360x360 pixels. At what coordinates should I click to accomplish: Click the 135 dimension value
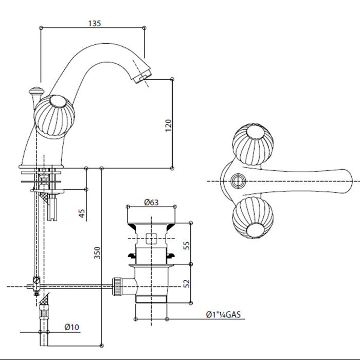point(95,23)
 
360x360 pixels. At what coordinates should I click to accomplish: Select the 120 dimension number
point(168,124)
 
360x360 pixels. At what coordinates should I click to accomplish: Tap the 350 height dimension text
point(98,253)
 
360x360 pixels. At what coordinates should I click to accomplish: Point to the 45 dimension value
point(82,212)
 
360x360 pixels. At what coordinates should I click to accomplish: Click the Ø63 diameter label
point(151,202)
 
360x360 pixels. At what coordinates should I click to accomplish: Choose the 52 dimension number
point(187,283)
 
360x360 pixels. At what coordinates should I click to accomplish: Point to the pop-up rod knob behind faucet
point(34,93)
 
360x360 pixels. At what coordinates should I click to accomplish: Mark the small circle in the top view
point(237,181)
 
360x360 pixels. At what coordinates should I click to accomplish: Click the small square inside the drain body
point(151,238)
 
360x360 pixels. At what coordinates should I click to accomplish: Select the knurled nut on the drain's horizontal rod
point(118,286)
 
